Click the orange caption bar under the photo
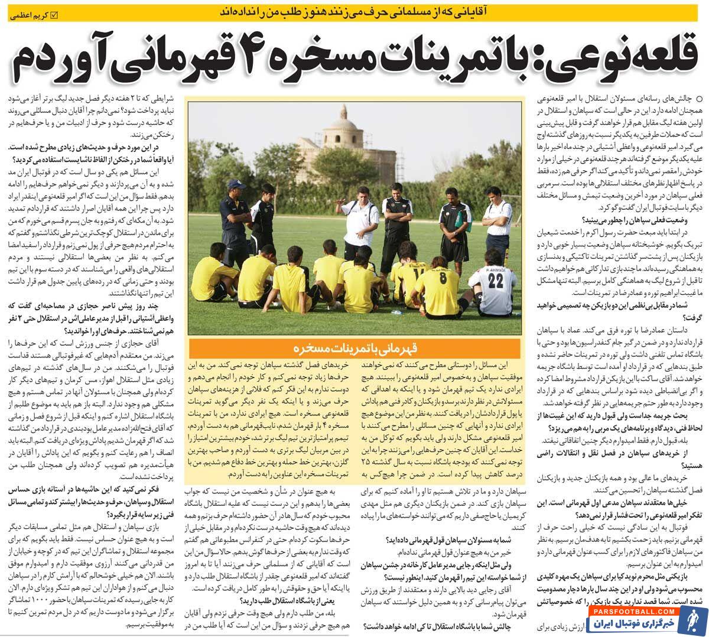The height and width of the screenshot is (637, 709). point(354,347)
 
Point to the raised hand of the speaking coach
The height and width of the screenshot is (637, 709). point(338,209)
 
